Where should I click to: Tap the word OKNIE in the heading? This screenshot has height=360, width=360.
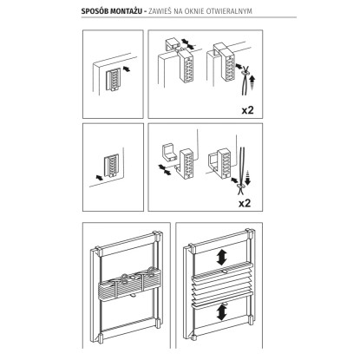coord(195,11)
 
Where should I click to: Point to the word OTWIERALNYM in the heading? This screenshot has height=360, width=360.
coord(230,11)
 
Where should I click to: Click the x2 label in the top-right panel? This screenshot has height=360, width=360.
coord(247,110)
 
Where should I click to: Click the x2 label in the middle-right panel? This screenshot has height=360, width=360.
coord(245,203)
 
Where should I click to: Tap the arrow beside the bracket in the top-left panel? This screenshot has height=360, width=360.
coord(127,69)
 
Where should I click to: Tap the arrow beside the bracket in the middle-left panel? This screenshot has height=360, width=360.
coord(99,177)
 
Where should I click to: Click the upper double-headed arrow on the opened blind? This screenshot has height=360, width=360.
coord(222,258)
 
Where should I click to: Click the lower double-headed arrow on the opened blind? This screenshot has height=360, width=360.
coord(222,311)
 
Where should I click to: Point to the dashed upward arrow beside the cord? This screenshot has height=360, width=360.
coord(253,82)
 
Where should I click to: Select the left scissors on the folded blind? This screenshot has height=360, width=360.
coord(123,279)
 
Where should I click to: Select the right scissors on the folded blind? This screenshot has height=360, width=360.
coord(147,272)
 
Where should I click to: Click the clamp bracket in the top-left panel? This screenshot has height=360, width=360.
coord(113,80)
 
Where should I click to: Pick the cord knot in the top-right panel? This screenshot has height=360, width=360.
coord(245,75)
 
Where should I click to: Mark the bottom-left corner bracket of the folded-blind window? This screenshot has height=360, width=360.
coord(101,337)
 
